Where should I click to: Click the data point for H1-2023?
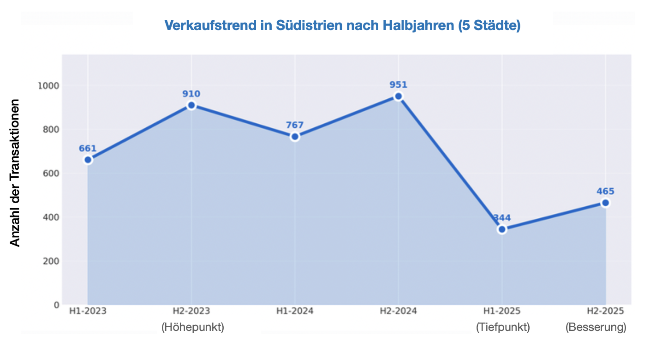(88, 160)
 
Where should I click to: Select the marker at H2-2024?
(399, 96)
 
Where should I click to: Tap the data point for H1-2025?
(502, 229)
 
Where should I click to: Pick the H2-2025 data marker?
(605, 203)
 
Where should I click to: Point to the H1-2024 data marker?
(295, 137)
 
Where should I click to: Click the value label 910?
(191, 94)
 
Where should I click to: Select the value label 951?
(399, 85)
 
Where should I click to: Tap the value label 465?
(605, 192)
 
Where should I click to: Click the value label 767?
(295, 125)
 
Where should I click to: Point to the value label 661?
(88, 149)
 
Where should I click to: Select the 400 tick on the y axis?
(51, 217)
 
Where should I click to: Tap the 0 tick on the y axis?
(56, 305)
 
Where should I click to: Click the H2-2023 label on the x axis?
(191, 311)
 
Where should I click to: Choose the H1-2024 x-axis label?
(295, 311)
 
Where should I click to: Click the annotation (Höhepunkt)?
(192, 327)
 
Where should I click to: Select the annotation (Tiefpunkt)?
(503, 327)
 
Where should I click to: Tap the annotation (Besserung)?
(596, 327)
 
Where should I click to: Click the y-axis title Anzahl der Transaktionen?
(16, 173)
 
